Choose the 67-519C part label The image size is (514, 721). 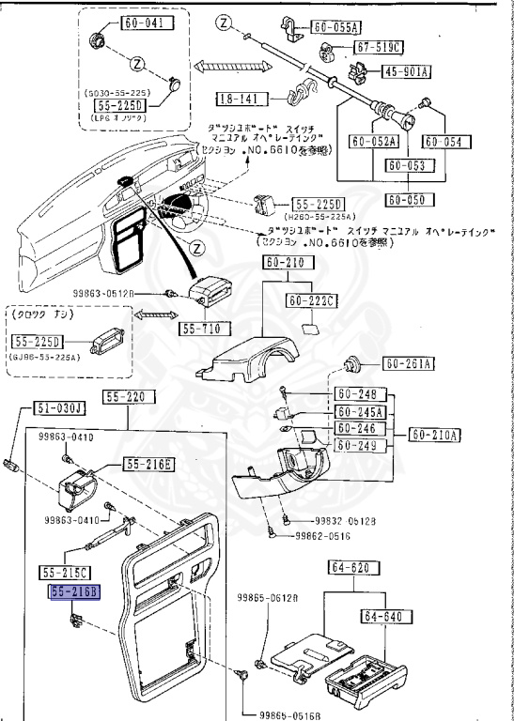point(378,48)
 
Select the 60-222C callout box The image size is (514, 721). point(312,299)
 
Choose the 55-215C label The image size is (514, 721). point(65,572)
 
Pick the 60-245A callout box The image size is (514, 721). point(361,411)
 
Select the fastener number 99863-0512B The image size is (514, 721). point(126,293)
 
